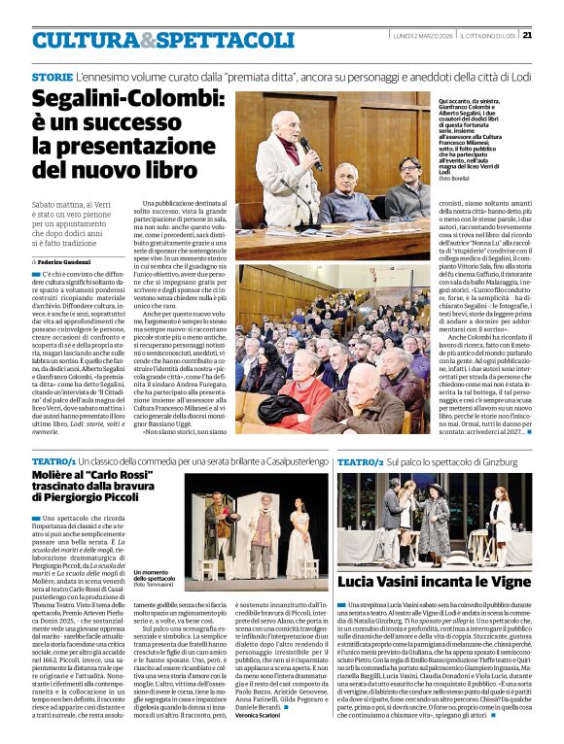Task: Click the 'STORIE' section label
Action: point(52,76)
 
